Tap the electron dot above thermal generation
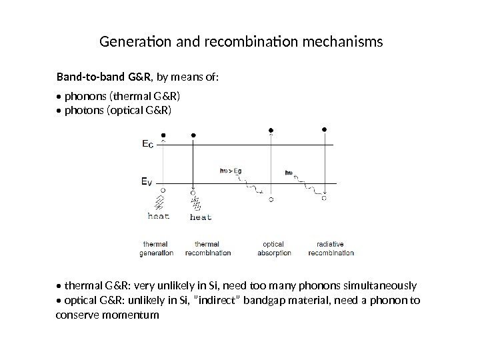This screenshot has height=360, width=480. (x=164, y=135)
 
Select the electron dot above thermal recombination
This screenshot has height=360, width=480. (x=193, y=135)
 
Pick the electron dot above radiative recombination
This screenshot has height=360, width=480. (x=325, y=129)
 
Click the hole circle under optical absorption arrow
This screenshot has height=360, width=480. (x=271, y=199)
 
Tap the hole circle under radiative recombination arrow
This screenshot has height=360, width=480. (x=325, y=197)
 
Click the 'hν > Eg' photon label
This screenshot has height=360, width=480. (x=230, y=171)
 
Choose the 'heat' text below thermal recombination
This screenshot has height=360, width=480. (x=201, y=216)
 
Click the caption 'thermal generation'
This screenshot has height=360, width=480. (x=157, y=248)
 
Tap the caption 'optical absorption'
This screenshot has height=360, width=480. (x=273, y=248)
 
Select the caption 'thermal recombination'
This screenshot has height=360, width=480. (x=208, y=248)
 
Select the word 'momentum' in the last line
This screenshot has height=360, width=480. (x=132, y=314)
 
